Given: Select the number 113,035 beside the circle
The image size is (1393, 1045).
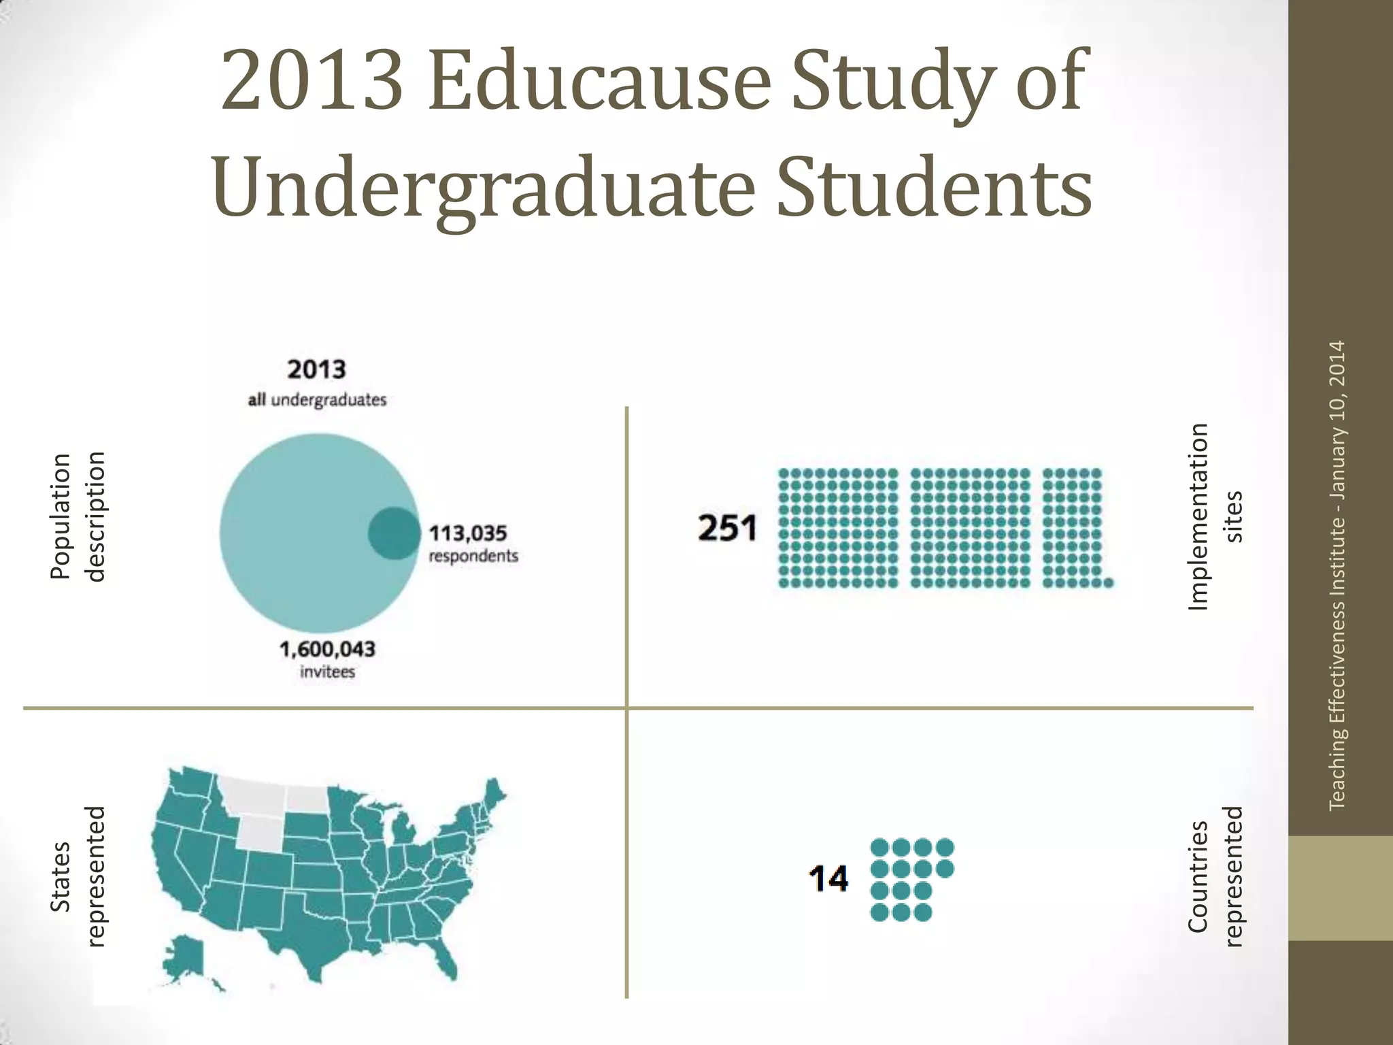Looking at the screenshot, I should (468, 533).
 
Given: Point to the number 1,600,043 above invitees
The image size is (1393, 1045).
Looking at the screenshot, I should (327, 649).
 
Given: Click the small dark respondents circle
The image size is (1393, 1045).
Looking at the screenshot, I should (394, 533).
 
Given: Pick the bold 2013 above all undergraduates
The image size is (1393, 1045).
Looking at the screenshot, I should (317, 369).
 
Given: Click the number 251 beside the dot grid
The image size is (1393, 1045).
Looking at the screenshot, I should (727, 529).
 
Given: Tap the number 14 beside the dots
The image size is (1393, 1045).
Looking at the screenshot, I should (828, 878).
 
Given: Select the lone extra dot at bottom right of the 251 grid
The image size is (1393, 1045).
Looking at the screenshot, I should (1108, 582).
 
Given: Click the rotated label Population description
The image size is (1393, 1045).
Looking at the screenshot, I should (78, 516).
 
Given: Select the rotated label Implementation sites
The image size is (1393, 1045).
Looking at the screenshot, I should (1215, 516).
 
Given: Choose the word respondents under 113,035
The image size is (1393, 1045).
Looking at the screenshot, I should (473, 556).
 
